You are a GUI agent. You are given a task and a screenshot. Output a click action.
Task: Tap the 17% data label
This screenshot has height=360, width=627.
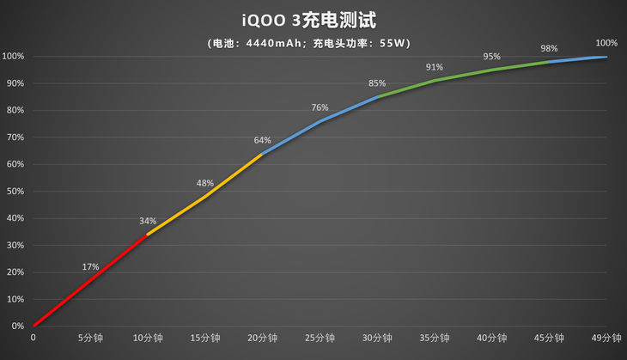tap(91, 266)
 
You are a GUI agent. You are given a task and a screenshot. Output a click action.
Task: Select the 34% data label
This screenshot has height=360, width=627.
tap(148, 221)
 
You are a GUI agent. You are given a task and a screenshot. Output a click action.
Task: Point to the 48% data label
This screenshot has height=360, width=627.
tap(205, 183)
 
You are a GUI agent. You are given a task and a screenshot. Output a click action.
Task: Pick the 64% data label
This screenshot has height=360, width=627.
tap(262, 140)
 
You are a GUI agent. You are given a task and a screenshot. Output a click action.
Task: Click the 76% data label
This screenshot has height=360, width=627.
tap(320, 107)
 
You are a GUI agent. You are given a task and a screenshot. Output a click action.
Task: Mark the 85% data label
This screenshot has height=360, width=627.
tap(377, 83)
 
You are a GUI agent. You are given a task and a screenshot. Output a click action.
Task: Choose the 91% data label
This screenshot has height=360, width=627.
tap(434, 67)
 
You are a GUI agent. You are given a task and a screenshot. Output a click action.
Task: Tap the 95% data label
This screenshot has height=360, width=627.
tap(491, 56)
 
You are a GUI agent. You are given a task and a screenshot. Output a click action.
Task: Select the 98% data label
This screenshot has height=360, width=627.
tap(549, 48)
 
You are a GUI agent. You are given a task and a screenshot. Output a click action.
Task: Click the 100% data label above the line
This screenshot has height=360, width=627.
tap(606, 43)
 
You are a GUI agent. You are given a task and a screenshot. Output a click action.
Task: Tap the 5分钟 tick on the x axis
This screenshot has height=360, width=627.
tap(91, 339)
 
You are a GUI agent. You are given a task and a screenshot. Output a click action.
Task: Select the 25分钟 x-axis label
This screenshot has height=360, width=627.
tap(320, 339)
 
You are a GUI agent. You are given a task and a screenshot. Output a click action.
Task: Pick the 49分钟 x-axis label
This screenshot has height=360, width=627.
tap(606, 339)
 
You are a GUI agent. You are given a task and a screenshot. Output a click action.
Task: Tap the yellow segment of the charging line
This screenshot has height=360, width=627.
tap(206, 196)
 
